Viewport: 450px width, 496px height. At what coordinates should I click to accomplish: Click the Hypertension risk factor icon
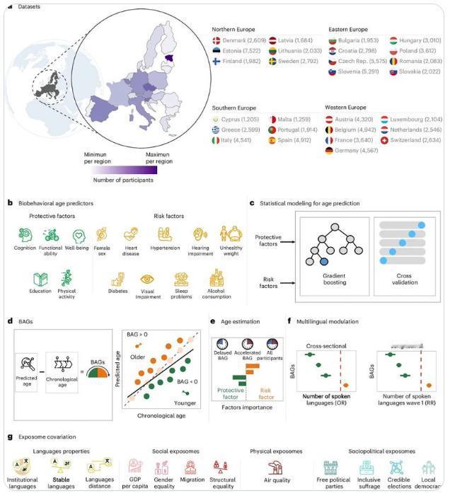click(166, 235)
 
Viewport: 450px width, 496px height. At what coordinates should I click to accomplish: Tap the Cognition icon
click(25, 235)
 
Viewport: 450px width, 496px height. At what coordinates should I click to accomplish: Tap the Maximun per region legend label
click(161, 158)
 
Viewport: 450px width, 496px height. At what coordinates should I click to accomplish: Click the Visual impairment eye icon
click(148, 279)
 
